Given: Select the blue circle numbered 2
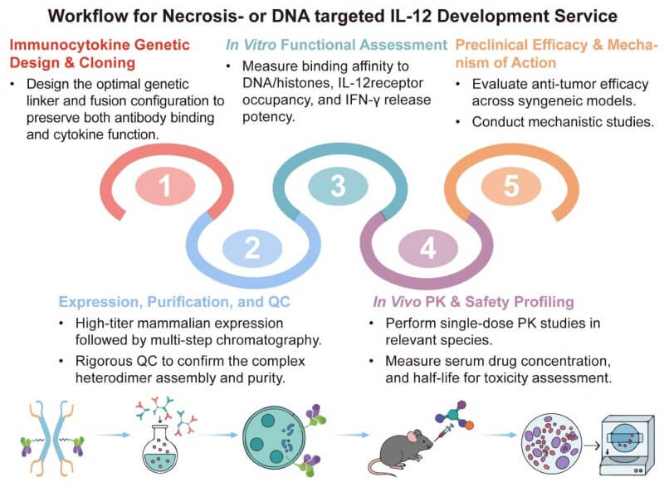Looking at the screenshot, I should coord(252,246).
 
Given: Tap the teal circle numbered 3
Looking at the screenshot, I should coord(337,186).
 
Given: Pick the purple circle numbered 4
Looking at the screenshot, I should coord(425,246).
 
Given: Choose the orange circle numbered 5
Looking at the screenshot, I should coord(510,186).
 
